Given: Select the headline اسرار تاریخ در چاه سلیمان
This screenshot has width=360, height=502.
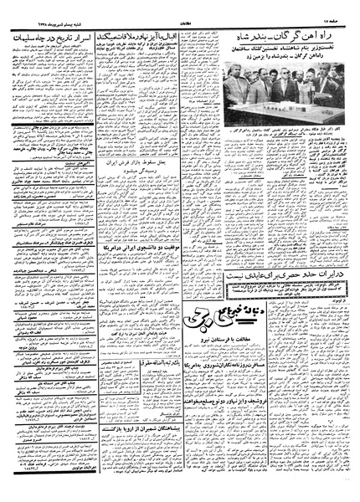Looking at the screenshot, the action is [46, 38].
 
